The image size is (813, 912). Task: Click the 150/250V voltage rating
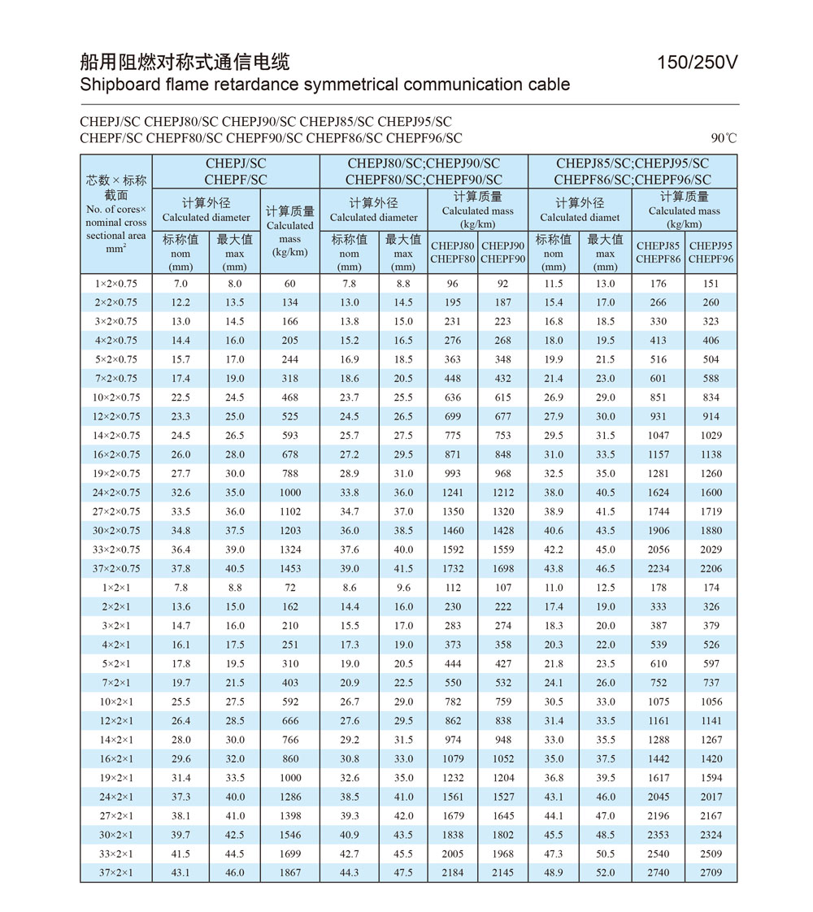tap(698, 63)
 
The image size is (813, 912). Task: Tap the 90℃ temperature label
tap(723, 138)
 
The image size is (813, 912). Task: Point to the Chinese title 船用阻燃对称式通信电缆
tap(185, 62)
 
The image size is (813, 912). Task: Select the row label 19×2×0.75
tap(116, 473)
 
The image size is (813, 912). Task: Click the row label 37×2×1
tap(116, 873)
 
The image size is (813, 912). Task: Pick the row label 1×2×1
tap(116, 588)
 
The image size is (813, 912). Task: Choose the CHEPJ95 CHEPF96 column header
tap(711, 253)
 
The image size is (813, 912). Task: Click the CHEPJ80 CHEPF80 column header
tap(453, 253)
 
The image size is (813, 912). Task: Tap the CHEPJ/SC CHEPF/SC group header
tap(236, 172)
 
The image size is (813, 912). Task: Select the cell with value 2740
tap(659, 873)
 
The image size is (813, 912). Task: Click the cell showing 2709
tap(711, 873)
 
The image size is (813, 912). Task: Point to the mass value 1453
tap(289, 568)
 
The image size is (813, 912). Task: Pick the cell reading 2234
tap(659, 568)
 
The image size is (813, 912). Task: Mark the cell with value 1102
tap(289, 511)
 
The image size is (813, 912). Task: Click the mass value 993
tap(453, 473)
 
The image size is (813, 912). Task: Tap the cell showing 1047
tap(659, 435)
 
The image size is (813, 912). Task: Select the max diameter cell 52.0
tap(606, 873)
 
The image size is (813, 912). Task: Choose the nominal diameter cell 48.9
tap(554, 873)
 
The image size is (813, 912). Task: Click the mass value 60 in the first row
tap(289, 284)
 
